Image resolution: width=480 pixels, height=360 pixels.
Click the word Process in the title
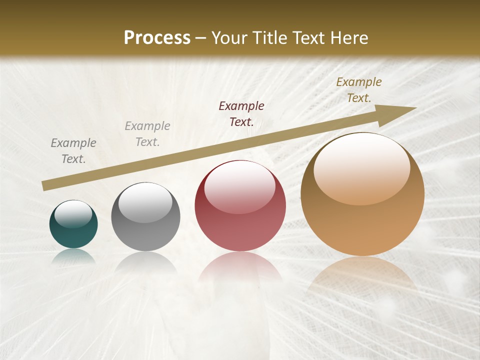coord(157,38)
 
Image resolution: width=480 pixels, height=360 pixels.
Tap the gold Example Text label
coord(359,90)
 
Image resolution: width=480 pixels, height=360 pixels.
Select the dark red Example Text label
coord(241,113)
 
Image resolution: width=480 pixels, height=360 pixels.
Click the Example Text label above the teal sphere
coord(73,150)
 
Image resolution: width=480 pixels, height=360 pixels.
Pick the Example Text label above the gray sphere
coord(147,133)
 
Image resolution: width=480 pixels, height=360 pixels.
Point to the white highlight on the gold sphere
coord(362,167)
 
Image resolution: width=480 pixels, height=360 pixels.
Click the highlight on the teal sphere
coord(73,214)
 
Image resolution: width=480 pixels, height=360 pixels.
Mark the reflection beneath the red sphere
coord(240,270)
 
